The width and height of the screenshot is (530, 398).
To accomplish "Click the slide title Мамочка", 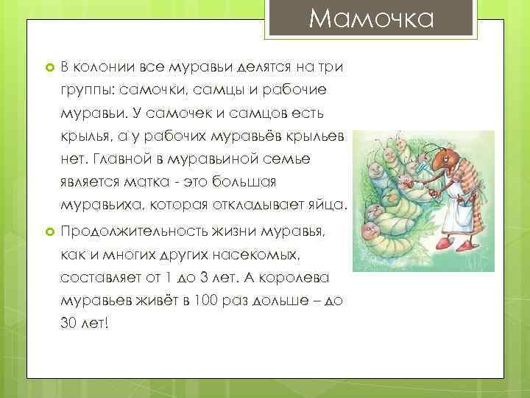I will pyautogui.click(x=371, y=18).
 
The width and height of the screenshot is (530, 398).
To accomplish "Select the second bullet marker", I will pyautogui.click(x=42, y=231).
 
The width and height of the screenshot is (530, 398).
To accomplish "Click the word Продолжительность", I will pyautogui.click(x=135, y=231).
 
